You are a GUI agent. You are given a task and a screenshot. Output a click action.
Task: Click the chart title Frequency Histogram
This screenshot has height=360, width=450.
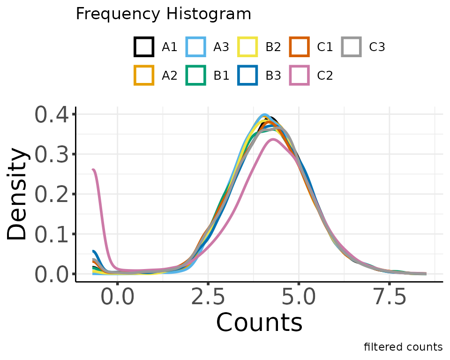coord(164,14)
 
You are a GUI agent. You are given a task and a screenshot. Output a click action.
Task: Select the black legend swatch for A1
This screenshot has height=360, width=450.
coord(144,47)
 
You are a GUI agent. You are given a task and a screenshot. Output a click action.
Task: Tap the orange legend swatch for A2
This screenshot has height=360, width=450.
coord(144,75)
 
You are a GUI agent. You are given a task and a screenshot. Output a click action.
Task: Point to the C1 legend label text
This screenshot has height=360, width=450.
coord(324,47)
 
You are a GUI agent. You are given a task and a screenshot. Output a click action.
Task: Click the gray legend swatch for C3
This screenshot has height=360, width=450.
coord(351,47)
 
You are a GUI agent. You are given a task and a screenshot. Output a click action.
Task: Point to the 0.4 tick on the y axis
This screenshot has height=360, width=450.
coord(52,114)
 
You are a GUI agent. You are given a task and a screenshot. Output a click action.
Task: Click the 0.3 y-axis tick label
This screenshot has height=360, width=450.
coord(52,154)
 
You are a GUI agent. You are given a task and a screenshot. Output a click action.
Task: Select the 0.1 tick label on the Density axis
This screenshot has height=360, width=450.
coord(52,234)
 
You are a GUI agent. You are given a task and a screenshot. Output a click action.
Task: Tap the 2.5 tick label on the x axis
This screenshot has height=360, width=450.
coord(208,299)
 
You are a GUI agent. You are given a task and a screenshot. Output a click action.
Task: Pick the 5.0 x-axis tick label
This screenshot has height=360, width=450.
coord(299,299)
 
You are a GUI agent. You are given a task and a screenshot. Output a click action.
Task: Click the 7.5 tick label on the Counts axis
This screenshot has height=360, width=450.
coord(390,299)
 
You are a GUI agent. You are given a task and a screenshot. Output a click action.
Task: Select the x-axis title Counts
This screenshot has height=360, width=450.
coord(259,323)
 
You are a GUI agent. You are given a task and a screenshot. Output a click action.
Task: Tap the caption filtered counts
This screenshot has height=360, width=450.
coord(403,347)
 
